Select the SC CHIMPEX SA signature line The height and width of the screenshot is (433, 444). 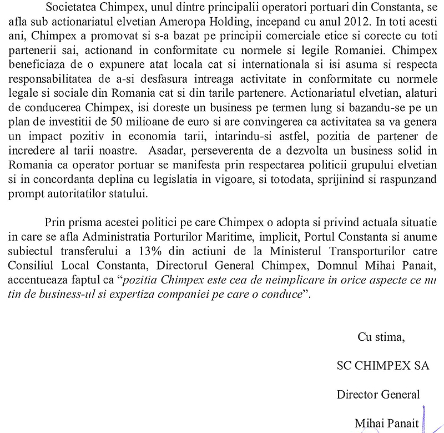click(383, 366)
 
